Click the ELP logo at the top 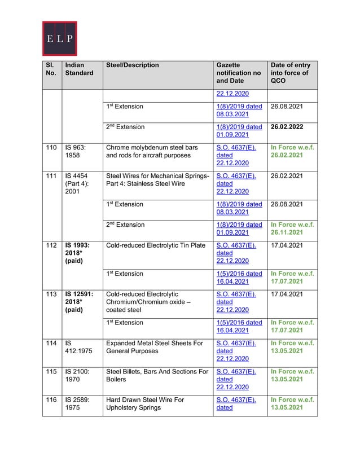click(60, 39)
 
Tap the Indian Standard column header click(78, 69)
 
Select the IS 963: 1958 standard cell click(75, 151)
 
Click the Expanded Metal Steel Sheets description click(154, 346)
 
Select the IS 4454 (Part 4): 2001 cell click(76, 184)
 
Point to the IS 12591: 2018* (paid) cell click(79, 302)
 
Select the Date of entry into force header click(290, 73)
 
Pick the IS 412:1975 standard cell click(76, 346)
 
